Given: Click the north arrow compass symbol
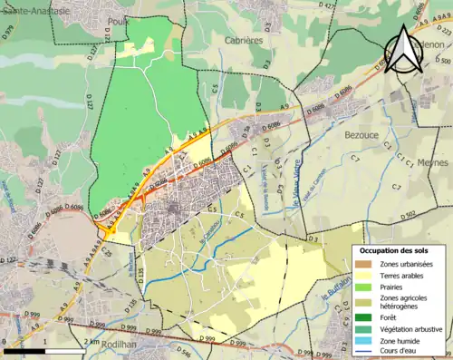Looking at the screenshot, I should [402, 50].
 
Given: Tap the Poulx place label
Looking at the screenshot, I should [117, 19].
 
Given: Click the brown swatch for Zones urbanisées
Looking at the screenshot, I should [366, 264].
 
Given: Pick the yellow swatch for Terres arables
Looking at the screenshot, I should [366, 277].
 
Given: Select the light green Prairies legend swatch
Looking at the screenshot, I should [366, 288].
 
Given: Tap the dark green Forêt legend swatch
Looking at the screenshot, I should [366, 317].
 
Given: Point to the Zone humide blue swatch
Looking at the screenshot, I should [366, 341].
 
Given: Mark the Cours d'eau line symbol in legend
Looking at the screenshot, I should [366, 353].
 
